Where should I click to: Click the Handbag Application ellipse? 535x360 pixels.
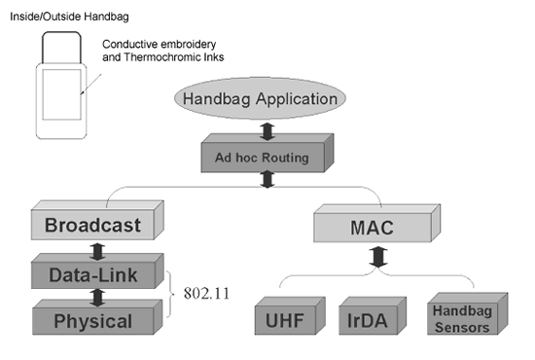point(260,98)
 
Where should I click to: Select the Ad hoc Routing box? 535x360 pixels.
point(267,153)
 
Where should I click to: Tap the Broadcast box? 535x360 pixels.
point(97,220)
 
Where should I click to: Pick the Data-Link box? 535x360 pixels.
point(97,270)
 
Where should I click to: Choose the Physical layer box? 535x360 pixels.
point(97,317)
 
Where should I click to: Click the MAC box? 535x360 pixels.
point(377,223)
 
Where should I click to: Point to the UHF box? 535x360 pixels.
point(290,315)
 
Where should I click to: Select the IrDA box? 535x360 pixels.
point(373,315)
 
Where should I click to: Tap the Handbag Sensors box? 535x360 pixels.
point(468,313)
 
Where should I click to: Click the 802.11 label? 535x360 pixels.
point(206,294)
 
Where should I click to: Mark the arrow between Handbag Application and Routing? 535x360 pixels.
point(267,131)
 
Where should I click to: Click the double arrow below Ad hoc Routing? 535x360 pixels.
point(267,179)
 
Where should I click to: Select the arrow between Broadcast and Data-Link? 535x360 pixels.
point(98,251)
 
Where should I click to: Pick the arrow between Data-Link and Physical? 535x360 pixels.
point(98,298)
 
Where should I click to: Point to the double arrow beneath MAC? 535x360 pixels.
point(378,257)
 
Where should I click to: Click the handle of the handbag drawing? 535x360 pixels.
point(61,33)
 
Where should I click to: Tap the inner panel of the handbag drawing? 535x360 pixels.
point(61,94)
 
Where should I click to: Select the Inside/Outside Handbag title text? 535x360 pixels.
point(69,17)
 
